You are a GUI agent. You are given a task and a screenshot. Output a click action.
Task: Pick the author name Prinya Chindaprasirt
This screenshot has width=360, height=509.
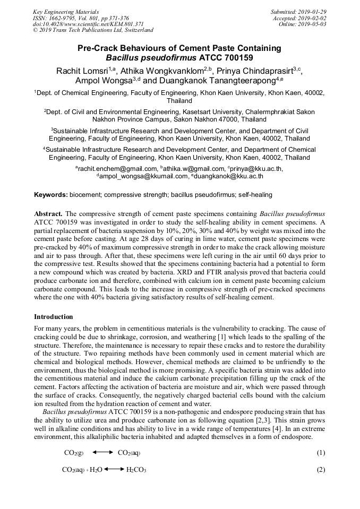pyautogui.click(x=258, y=71)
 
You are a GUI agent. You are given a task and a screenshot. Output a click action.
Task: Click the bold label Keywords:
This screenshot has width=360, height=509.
pyautogui.click(x=51, y=195)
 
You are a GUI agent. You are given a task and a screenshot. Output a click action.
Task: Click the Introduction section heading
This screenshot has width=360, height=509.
pyautogui.click(x=54, y=317)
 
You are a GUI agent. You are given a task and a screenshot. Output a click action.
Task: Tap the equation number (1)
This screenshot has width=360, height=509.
pyautogui.click(x=321, y=453)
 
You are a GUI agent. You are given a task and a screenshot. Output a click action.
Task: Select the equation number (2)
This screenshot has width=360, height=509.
pyautogui.click(x=321, y=470)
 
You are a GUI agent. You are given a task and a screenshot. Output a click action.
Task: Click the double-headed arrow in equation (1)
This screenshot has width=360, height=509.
pyautogui.click(x=102, y=453)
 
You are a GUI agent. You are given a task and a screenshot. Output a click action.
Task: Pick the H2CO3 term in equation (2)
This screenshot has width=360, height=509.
pyautogui.click(x=136, y=470)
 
